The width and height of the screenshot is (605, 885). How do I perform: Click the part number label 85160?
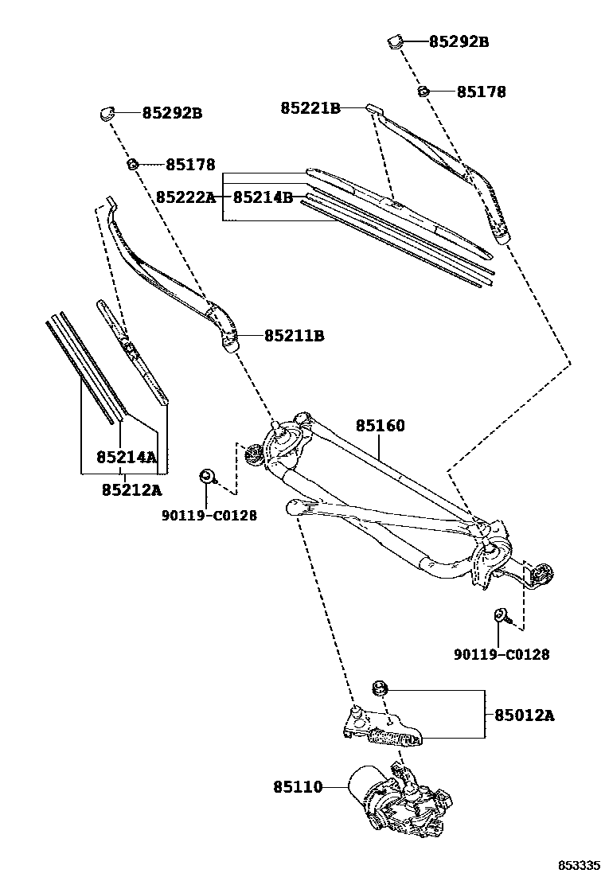click(380, 427)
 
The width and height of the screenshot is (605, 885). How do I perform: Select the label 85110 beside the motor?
click(298, 787)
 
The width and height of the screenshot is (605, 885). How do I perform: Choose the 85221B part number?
click(310, 107)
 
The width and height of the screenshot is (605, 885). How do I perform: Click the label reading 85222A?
click(185, 197)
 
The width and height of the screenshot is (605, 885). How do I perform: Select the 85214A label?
click(126, 457)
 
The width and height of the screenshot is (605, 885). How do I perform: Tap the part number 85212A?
click(131, 489)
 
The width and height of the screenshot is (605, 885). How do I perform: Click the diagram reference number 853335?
click(578, 865)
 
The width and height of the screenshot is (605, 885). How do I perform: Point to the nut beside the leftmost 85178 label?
click(134, 164)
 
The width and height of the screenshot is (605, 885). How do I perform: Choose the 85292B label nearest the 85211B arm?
click(172, 113)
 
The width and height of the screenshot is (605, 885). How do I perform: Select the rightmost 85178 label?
click(481, 92)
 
